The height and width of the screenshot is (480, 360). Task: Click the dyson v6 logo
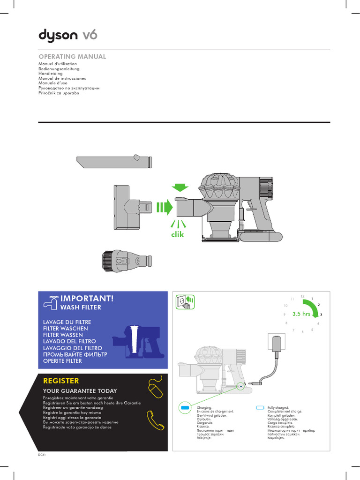[x=67, y=36]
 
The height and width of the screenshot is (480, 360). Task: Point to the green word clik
[x=178, y=234]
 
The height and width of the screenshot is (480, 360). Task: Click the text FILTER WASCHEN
[x=63, y=329]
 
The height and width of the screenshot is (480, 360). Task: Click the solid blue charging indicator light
[x=185, y=408]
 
